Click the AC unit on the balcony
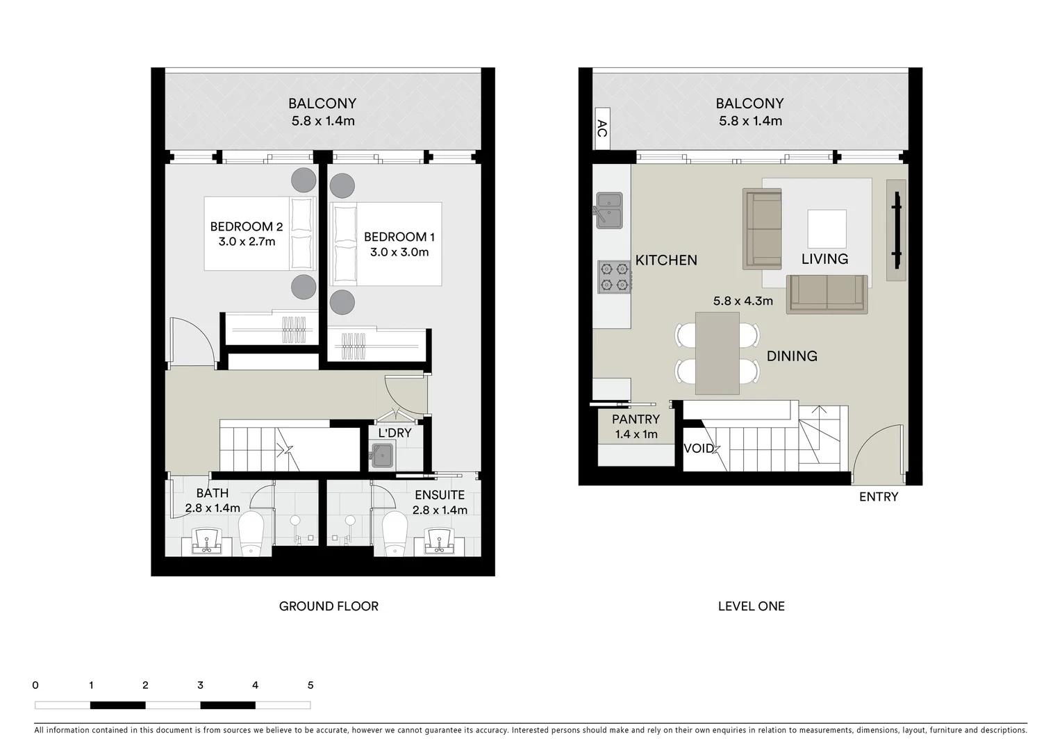click(601, 128)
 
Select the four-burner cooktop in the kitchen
click(614, 276)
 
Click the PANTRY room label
click(636, 419)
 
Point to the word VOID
click(699, 449)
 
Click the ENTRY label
click(878, 497)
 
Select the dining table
click(717, 353)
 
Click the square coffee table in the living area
click(827, 229)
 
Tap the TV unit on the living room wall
click(896, 231)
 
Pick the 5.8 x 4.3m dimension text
click(742, 301)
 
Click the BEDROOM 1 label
click(399, 237)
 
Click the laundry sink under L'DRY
click(381, 456)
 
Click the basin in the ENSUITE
click(438, 541)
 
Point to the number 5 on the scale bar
click(310, 685)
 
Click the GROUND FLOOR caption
click(329, 606)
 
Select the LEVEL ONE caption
click(751, 606)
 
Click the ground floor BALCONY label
click(322, 103)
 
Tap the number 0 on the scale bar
click(35, 685)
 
